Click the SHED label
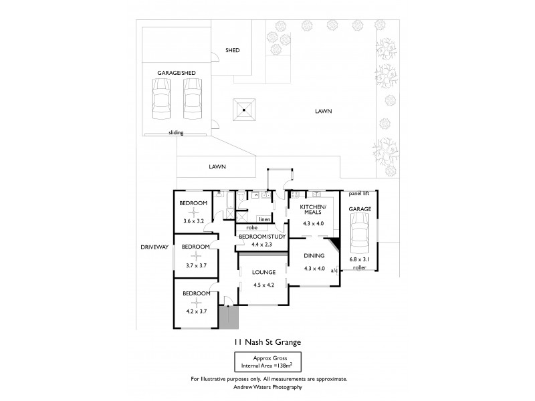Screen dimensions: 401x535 pos(232,50)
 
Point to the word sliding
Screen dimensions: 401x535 pos(175,133)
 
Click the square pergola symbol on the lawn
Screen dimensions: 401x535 pos(245,109)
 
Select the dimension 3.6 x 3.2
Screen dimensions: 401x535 pos(193,221)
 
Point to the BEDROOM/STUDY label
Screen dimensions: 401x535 pos(261,237)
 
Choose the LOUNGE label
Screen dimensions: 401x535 pos(264,272)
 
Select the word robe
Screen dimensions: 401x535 pos(233,228)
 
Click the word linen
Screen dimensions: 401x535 pos(264,219)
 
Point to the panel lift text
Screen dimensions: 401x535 pos(359,194)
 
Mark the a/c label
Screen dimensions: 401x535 pos(334,270)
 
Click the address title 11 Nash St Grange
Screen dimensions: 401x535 pos(267,342)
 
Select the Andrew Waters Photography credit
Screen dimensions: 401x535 pos(267,387)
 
